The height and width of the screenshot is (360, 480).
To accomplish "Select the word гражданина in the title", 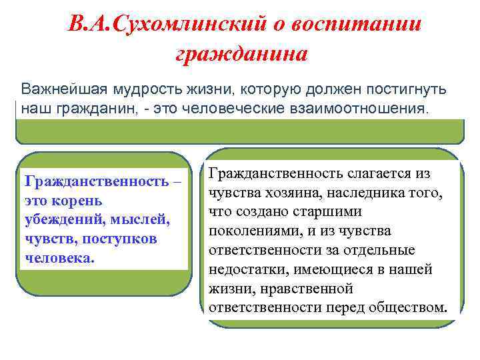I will [241, 54].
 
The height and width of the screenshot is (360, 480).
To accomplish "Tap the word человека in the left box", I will [57, 257].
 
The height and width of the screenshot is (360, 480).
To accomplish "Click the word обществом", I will [406, 307].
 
